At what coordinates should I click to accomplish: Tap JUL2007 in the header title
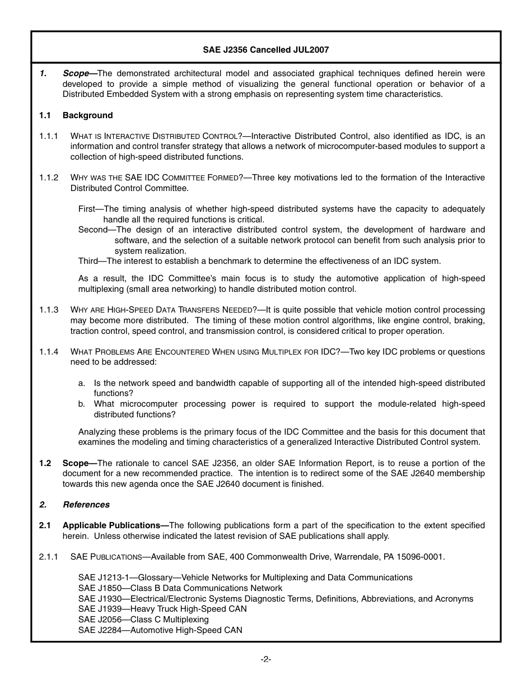click(311, 50)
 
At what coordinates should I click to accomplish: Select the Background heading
click(87, 115)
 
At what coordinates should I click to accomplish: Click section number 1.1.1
click(49, 136)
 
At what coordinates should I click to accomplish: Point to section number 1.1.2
click(49, 178)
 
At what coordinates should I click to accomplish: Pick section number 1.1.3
click(49, 310)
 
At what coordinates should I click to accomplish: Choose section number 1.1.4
click(49, 352)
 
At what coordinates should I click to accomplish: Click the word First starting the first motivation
click(87, 209)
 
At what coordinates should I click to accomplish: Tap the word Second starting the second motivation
click(92, 230)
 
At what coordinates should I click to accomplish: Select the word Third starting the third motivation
click(88, 261)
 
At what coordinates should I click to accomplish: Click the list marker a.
click(82, 383)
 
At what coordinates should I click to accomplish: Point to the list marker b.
click(82, 404)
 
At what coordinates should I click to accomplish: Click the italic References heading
click(86, 505)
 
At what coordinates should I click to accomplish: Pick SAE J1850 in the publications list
click(100, 588)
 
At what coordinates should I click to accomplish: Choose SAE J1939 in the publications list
click(100, 609)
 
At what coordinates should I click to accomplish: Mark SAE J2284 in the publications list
click(100, 630)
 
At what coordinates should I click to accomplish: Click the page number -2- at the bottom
click(266, 659)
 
